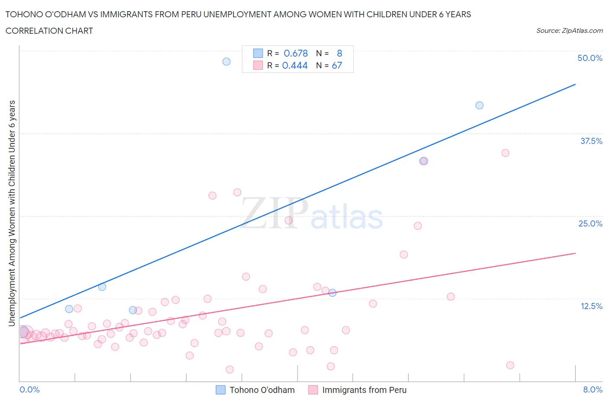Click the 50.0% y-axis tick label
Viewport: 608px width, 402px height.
click(590, 58)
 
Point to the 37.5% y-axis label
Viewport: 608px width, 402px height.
click(591, 141)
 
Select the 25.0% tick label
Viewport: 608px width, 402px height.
click(590, 223)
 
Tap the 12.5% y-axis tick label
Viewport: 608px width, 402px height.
click(591, 306)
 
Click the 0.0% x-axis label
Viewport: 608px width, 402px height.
click(29, 389)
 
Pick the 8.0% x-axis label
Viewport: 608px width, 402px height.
click(592, 389)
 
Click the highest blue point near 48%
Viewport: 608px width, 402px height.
click(226, 61)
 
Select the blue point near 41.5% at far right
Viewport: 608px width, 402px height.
click(479, 105)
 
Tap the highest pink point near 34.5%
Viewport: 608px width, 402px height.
click(505, 153)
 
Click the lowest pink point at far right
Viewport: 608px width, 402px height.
click(510, 365)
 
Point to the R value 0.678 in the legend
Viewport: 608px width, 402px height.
click(296, 53)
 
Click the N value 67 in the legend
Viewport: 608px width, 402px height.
click(337, 65)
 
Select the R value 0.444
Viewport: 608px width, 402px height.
click(295, 65)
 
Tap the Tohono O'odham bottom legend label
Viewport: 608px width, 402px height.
click(262, 390)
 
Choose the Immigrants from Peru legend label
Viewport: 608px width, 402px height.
click(364, 390)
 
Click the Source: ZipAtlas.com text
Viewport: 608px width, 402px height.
click(570, 31)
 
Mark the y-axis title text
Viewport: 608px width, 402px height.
click(12, 213)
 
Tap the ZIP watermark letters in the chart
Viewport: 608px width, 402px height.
click(274, 213)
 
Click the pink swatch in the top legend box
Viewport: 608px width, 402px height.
click(258, 65)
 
